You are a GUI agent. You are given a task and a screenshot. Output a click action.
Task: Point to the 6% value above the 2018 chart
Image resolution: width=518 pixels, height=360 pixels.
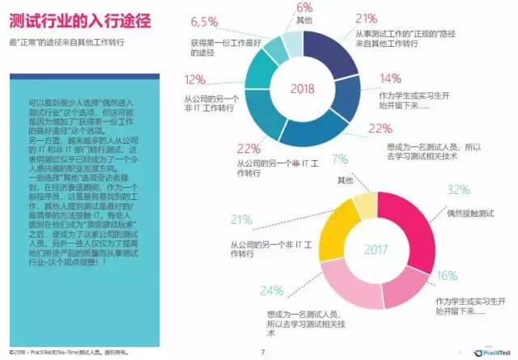pos(304,8)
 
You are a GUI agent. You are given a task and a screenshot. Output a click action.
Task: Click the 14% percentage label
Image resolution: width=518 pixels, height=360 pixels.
pos(391,78)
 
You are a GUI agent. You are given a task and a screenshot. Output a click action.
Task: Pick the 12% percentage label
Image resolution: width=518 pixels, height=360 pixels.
pos(195,79)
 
